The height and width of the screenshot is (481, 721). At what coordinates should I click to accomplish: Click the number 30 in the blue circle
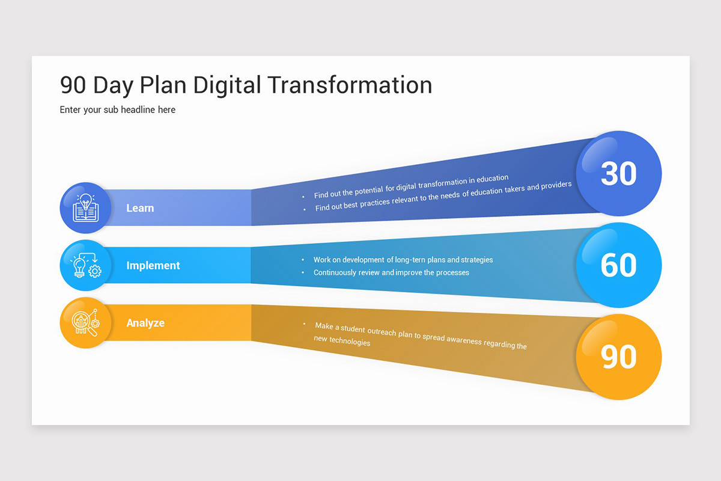tap(618, 174)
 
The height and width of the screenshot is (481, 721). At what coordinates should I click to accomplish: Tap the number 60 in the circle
tap(618, 265)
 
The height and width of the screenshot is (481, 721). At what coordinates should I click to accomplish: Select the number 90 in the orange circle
tap(618, 357)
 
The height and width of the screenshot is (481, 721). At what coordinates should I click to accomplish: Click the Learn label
tap(140, 208)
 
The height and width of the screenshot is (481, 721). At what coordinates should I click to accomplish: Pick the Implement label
tap(153, 265)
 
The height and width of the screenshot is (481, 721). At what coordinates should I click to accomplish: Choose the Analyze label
tap(145, 323)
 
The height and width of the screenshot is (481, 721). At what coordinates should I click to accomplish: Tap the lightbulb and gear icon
tap(85, 265)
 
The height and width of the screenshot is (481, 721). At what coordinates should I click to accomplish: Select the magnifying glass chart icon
tap(85, 323)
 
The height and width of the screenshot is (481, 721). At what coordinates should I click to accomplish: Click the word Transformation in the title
tap(350, 85)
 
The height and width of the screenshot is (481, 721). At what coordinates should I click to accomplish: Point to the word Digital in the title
tap(227, 85)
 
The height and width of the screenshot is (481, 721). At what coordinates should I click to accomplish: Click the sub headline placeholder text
tap(118, 109)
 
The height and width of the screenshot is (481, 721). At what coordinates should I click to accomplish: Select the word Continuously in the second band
tap(335, 272)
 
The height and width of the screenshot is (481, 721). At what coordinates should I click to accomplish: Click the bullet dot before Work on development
tap(303, 260)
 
